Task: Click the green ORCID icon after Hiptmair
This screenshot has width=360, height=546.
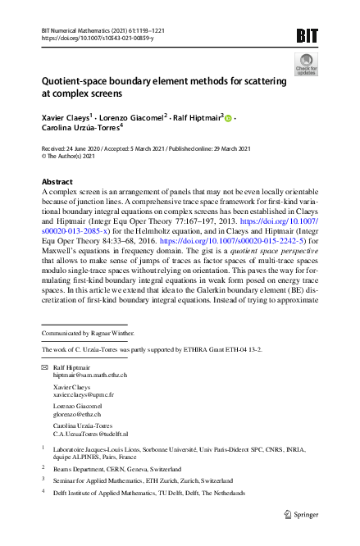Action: coord(229,118)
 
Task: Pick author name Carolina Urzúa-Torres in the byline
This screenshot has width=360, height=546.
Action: coord(80,129)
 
